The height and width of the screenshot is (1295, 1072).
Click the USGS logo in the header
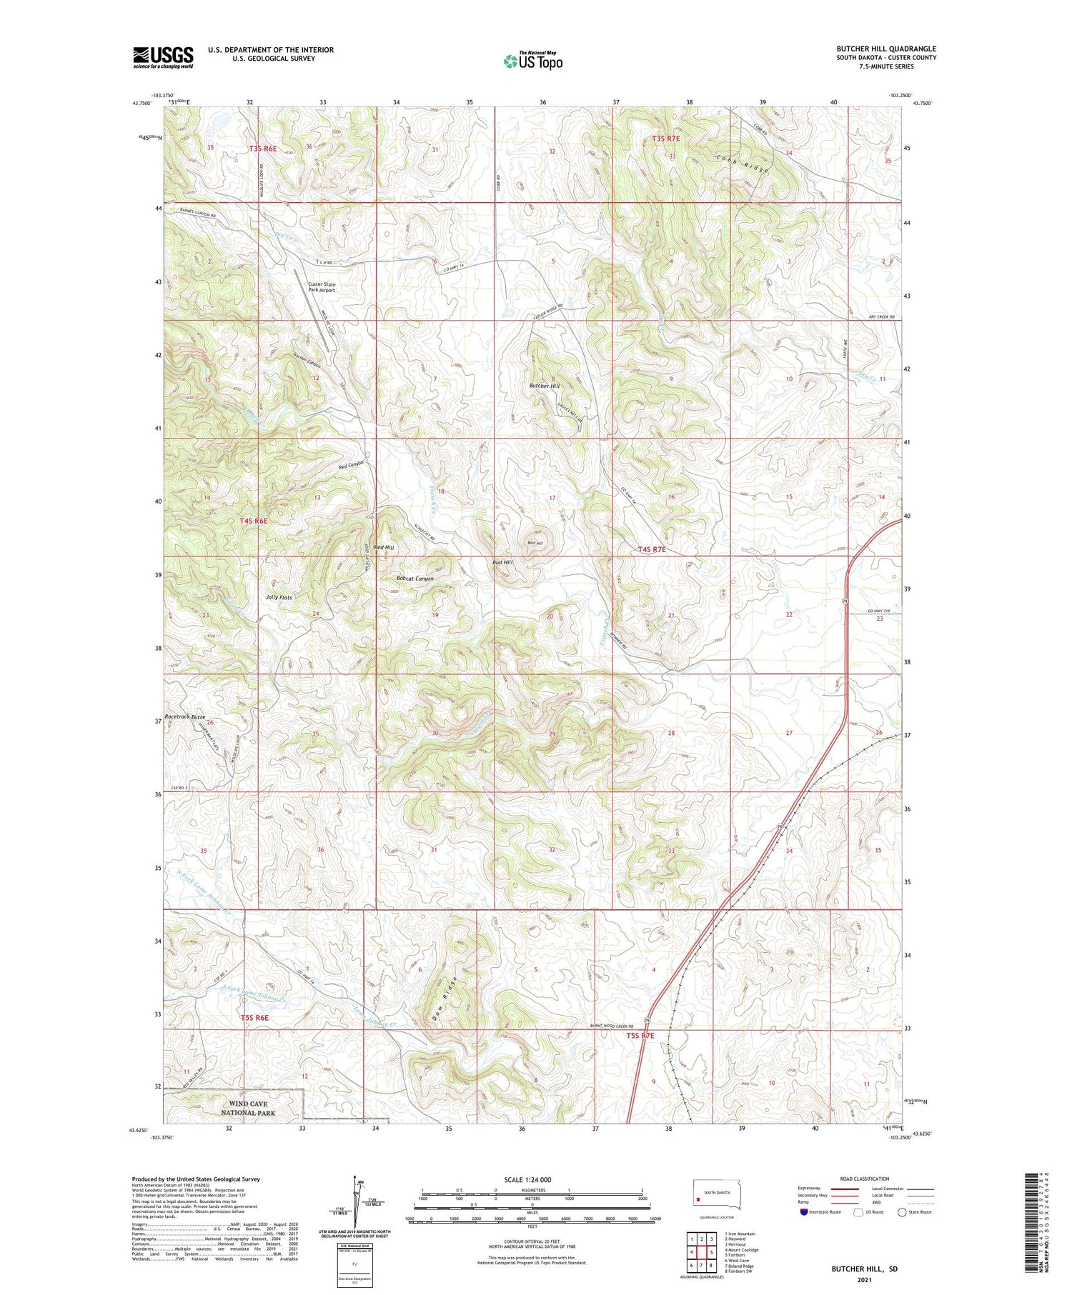point(163,57)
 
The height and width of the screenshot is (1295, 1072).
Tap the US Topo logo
point(532,61)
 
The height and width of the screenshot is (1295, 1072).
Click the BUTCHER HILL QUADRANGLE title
point(885,49)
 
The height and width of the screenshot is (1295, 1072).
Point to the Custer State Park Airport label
point(321,287)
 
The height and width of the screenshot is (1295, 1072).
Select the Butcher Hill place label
point(544,386)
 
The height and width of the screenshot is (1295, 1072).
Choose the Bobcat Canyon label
point(415,578)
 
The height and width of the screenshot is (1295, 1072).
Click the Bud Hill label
point(502,562)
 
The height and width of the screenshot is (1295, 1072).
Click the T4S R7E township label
point(651,549)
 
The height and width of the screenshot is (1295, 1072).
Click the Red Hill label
point(384,547)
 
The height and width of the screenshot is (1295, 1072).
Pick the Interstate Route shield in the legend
point(804,1212)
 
